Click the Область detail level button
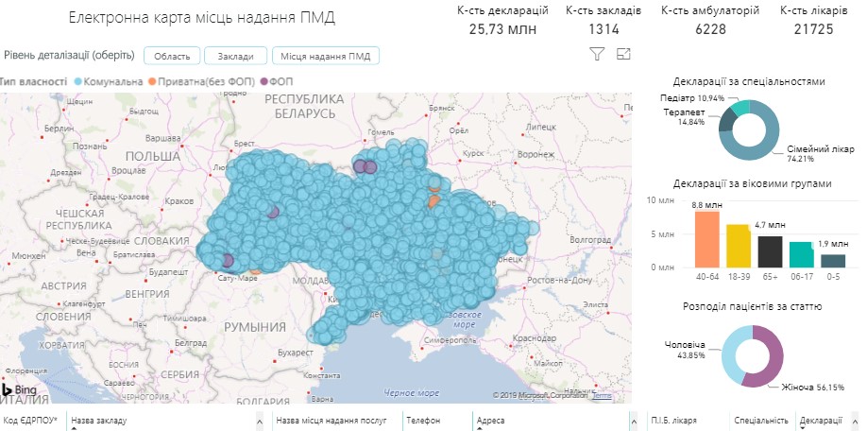[170, 56]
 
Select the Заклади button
[235, 56]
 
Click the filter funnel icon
[596, 55]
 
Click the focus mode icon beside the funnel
[622, 55]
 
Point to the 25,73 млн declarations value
[501, 29]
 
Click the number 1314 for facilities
[603, 29]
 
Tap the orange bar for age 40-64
[707, 239]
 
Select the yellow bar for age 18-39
[738, 246]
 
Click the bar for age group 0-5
[832, 261]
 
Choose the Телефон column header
[423, 420]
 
